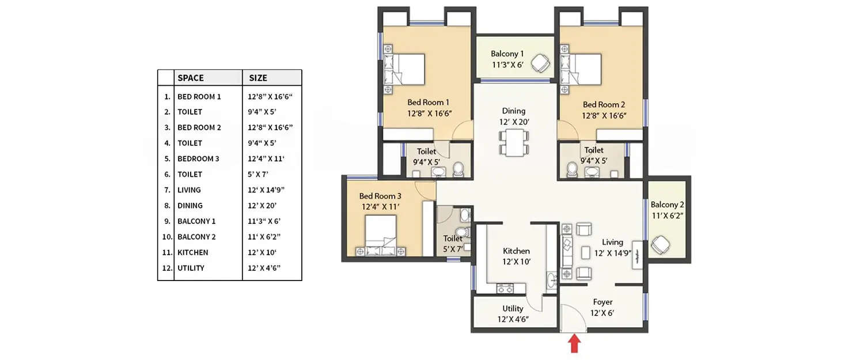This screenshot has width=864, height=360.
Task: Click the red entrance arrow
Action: (x=574, y=344)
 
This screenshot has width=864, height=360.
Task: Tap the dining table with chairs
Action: (x=513, y=142)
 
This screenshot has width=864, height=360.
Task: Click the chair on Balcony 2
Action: (x=660, y=246)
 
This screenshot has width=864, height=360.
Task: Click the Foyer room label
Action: (x=602, y=308)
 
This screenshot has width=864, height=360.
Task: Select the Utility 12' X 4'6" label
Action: (x=513, y=314)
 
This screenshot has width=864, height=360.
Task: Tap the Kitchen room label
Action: (x=516, y=256)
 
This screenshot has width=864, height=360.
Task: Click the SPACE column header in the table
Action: (x=191, y=78)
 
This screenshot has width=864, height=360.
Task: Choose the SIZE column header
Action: (x=258, y=78)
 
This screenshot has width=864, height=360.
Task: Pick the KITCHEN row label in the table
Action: (x=193, y=252)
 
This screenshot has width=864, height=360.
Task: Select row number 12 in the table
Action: (x=166, y=268)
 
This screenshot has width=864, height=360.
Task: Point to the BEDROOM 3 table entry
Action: (x=199, y=158)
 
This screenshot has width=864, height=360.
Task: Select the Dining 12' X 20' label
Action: (x=513, y=116)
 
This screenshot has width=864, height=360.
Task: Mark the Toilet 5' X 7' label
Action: (x=453, y=244)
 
